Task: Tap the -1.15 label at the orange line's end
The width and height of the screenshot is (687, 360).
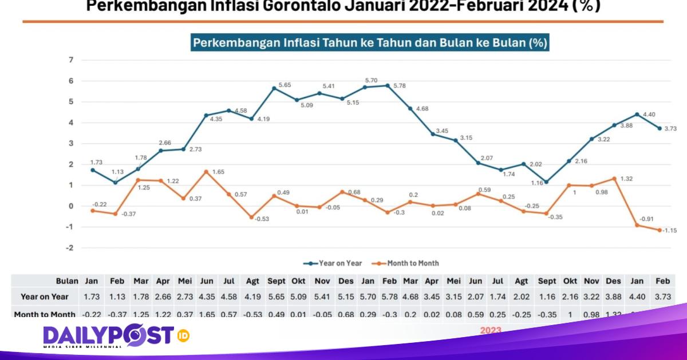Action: pyautogui.click(x=670, y=230)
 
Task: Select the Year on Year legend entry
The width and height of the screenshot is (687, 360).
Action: pyautogui.click(x=333, y=263)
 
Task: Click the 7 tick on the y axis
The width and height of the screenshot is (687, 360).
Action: pyautogui.click(x=71, y=60)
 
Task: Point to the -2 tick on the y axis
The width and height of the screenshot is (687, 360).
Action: pyautogui.click(x=70, y=248)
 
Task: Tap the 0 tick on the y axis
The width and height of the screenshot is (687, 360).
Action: pyautogui.click(x=71, y=206)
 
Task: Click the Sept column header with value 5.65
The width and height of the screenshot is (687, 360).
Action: pyautogui.click(x=277, y=282)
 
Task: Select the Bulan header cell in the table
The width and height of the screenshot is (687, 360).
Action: pyautogui.click(x=67, y=282)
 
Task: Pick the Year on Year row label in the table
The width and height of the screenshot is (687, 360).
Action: pyautogui.click(x=45, y=296)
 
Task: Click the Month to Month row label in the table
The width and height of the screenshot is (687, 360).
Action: pyautogui.click(x=45, y=314)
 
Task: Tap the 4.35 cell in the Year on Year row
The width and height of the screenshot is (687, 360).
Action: pyautogui.click(x=207, y=296)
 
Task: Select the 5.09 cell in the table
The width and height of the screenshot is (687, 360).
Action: pyautogui.click(x=298, y=296)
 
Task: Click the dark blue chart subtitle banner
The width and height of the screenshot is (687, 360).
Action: pyautogui.click(x=369, y=43)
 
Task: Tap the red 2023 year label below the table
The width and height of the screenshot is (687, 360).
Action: pyautogui.click(x=491, y=330)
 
